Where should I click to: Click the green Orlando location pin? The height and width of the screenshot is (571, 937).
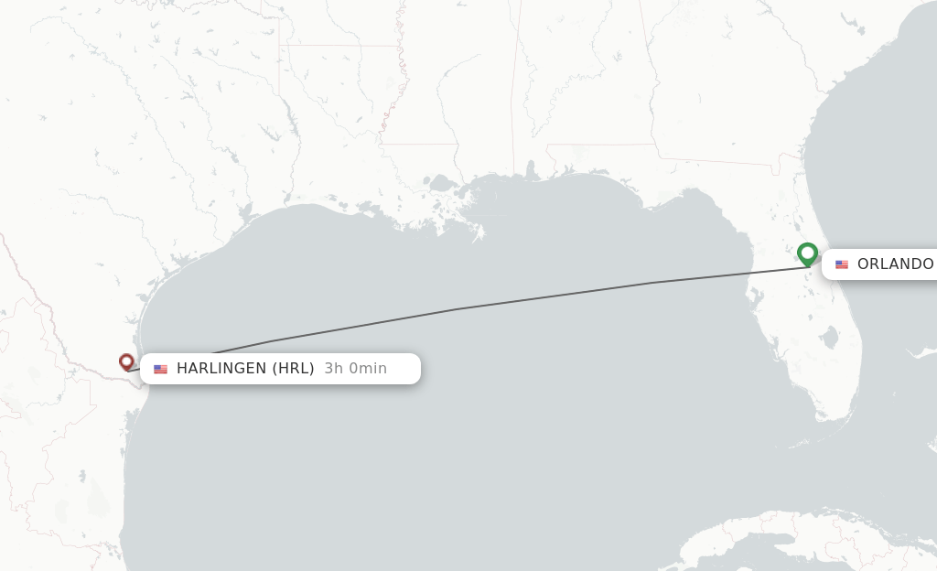[x=807, y=253]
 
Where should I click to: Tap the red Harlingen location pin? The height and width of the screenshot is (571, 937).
[x=126, y=362]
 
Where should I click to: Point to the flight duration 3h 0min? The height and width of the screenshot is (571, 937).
[x=355, y=369]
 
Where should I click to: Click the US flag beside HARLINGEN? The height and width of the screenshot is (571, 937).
[x=160, y=370]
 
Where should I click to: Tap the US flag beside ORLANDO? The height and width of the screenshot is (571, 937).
[x=842, y=264]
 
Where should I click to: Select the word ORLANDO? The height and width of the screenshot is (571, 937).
[x=895, y=264]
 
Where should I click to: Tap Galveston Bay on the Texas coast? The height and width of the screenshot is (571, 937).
[x=243, y=216]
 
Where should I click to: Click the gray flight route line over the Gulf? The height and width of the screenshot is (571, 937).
[x=458, y=308]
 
